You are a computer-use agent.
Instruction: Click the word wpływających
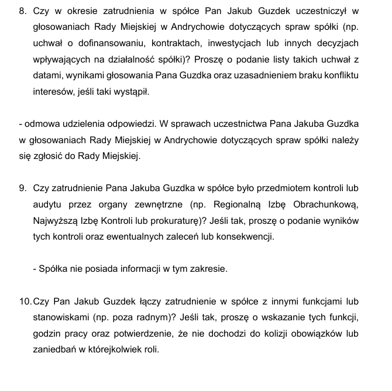(61, 60)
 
